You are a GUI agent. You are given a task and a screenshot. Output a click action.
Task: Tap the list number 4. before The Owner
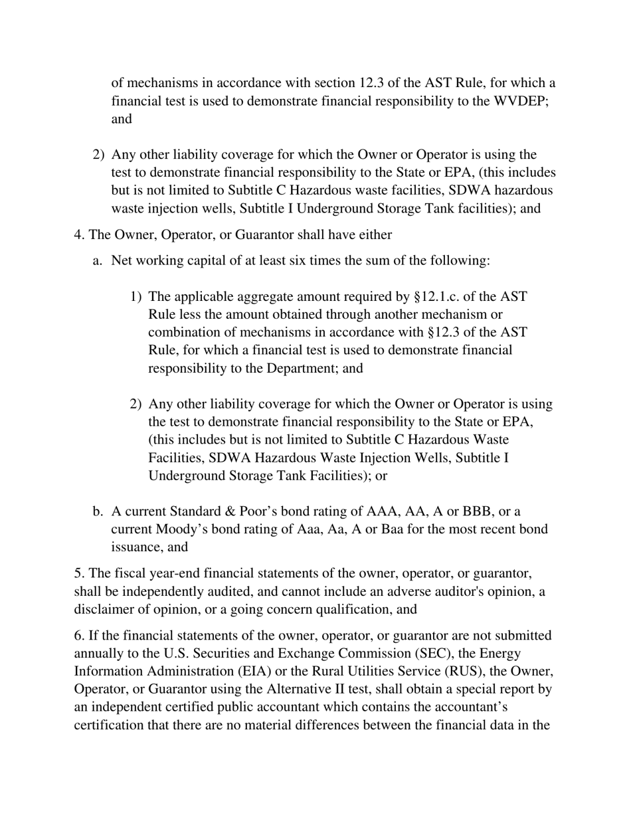pyautogui.click(x=79, y=234)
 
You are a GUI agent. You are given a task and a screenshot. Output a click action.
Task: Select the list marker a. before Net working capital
pyautogui.click(x=98, y=260)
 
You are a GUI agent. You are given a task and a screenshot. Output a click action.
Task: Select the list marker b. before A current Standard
pyautogui.click(x=98, y=511)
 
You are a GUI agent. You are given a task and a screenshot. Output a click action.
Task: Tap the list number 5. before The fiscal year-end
pyautogui.click(x=79, y=573)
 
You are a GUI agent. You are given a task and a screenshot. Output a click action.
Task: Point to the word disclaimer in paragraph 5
pyautogui.click(x=104, y=609)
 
